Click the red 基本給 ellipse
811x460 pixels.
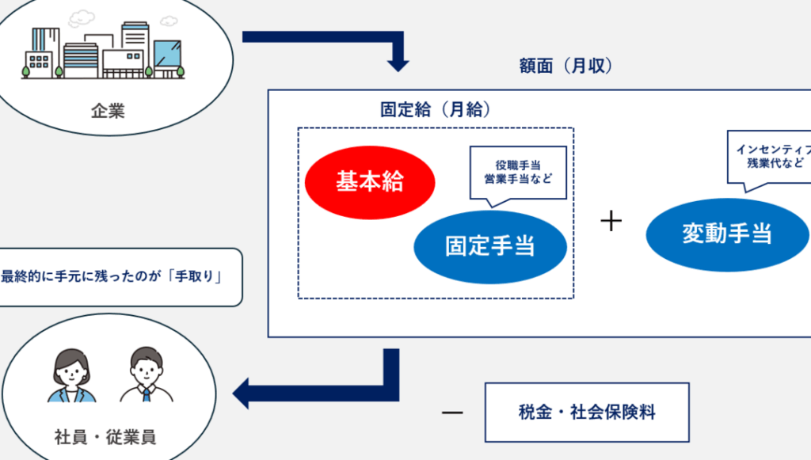coord(370,181)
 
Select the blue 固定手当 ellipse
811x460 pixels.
coord(490,246)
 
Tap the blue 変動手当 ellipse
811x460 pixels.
coord(727,234)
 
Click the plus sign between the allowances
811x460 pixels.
coord(611,222)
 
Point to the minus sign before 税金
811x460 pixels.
coord(451,413)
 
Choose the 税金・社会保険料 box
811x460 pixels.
coord(587,412)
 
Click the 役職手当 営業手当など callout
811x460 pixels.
coord(517,173)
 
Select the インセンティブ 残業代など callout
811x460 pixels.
coord(769,157)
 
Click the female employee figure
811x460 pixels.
coord(72,375)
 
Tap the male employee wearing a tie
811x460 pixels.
coord(147,375)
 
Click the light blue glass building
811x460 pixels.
coord(167,57)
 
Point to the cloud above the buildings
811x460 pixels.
coord(82,17)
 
